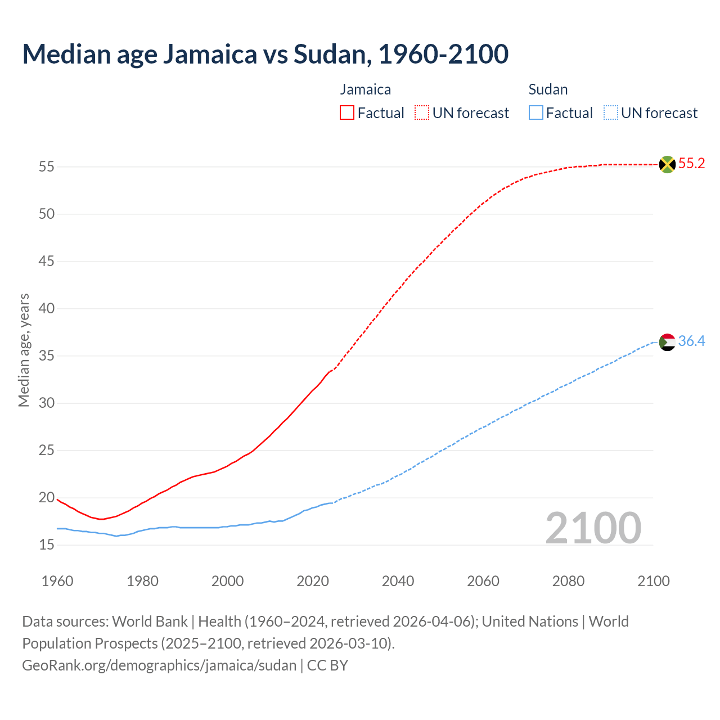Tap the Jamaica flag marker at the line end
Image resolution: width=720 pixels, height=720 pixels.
(x=667, y=164)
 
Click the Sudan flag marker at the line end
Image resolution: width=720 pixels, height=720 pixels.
(x=667, y=342)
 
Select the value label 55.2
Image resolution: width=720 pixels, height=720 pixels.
(x=691, y=164)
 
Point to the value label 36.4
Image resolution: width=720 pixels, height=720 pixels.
(x=691, y=341)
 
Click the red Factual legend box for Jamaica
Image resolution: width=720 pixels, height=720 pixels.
(x=347, y=113)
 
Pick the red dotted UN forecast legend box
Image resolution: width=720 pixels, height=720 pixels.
(x=422, y=113)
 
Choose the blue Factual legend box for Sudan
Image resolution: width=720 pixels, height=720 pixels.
(x=536, y=113)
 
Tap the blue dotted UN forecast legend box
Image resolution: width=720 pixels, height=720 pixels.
(x=610, y=113)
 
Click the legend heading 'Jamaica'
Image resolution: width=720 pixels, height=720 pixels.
(x=366, y=89)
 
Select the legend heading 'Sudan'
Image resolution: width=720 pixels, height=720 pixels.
(x=548, y=89)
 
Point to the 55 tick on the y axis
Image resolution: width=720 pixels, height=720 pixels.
(x=47, y=167)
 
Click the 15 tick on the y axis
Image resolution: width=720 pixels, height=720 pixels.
(x=47, y=545)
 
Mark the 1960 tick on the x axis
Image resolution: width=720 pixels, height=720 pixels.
(x=57, y=581)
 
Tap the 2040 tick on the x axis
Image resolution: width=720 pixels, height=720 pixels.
(x=398, y=581)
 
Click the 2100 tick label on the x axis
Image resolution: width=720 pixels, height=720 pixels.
(x=654, y=581)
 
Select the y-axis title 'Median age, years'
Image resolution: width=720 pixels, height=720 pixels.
(x=24, y=350)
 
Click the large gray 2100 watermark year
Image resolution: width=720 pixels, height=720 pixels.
(x=593, y=528)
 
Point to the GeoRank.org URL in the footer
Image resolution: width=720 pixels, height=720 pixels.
(x=159, y=665)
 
